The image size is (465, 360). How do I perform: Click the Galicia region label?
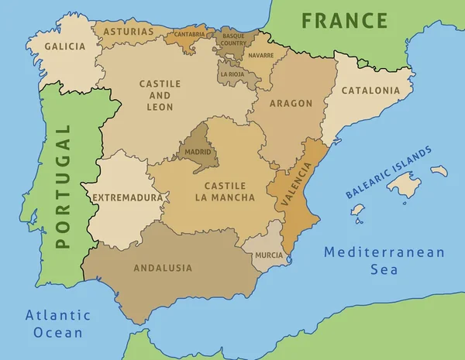[65, 46]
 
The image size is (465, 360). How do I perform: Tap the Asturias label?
[128, 33]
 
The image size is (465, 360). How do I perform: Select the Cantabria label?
[190, 34]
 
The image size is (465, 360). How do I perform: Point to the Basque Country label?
[233, 39]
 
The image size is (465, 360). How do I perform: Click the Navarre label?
[262, 56]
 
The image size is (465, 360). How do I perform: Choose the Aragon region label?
[291, 103]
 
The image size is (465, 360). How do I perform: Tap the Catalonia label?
[371, 90]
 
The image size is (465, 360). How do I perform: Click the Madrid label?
[198, 153]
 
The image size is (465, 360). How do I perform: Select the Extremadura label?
[128, 197]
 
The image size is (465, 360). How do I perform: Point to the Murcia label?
[269, 255]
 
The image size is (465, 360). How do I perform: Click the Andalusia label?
[163, 268]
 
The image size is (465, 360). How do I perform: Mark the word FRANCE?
[344, 20]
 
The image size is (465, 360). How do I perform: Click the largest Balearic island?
[404, 184]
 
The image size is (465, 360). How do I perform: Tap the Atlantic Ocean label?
[58, 324]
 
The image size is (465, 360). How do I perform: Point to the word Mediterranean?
[384, 252]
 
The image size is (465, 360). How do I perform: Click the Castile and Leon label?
[160, 94]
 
